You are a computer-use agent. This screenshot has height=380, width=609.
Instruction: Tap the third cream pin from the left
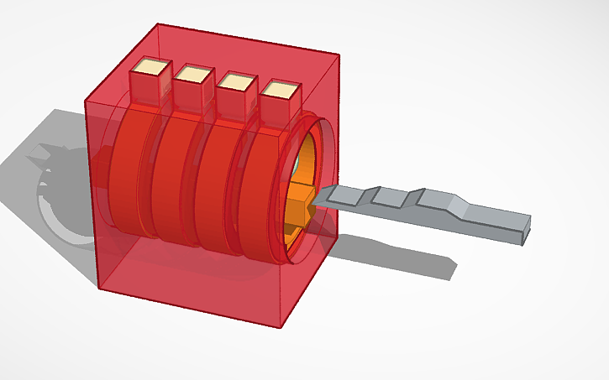(237, 81)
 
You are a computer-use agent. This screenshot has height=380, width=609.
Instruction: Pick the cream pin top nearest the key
(280, 90)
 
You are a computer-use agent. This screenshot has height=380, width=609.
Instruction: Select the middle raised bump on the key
(389, 198)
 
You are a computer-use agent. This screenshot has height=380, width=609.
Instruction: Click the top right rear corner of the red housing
(339, 57)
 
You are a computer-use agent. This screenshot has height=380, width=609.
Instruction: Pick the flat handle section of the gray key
(496, 221)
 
